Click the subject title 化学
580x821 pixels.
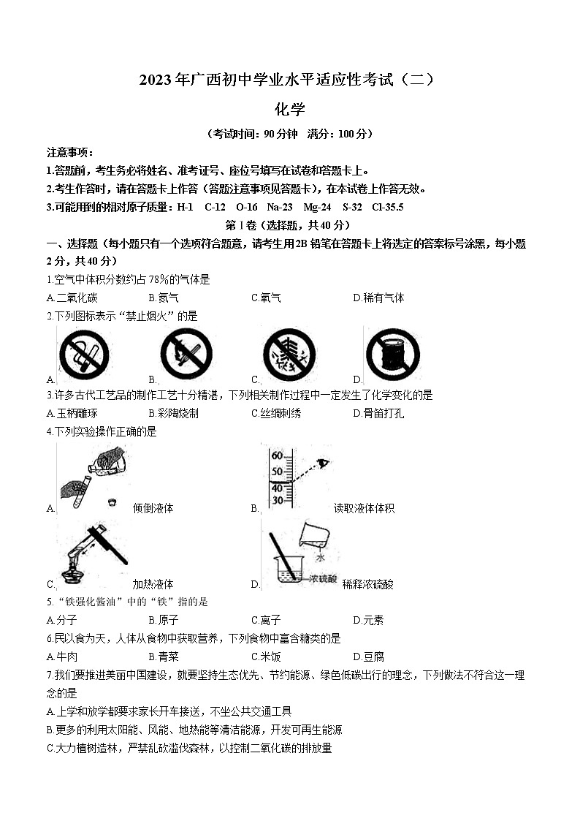coord(289,109)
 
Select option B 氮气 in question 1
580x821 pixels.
coord(164,298)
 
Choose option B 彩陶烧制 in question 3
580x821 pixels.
coord(173,413)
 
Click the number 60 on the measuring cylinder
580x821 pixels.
coord(277,456)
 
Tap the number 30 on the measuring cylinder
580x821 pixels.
coord(277,501)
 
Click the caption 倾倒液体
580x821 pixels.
coord(153,508)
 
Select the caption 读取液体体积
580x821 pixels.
coord(364,508)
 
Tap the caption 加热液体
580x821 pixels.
coord(153,584)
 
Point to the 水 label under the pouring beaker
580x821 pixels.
coord(319,558)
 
